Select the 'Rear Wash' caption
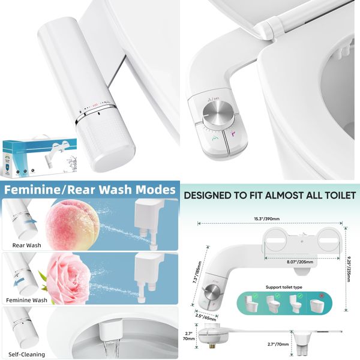[x=27, y=245]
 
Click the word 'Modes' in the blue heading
[x=152, y=190]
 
